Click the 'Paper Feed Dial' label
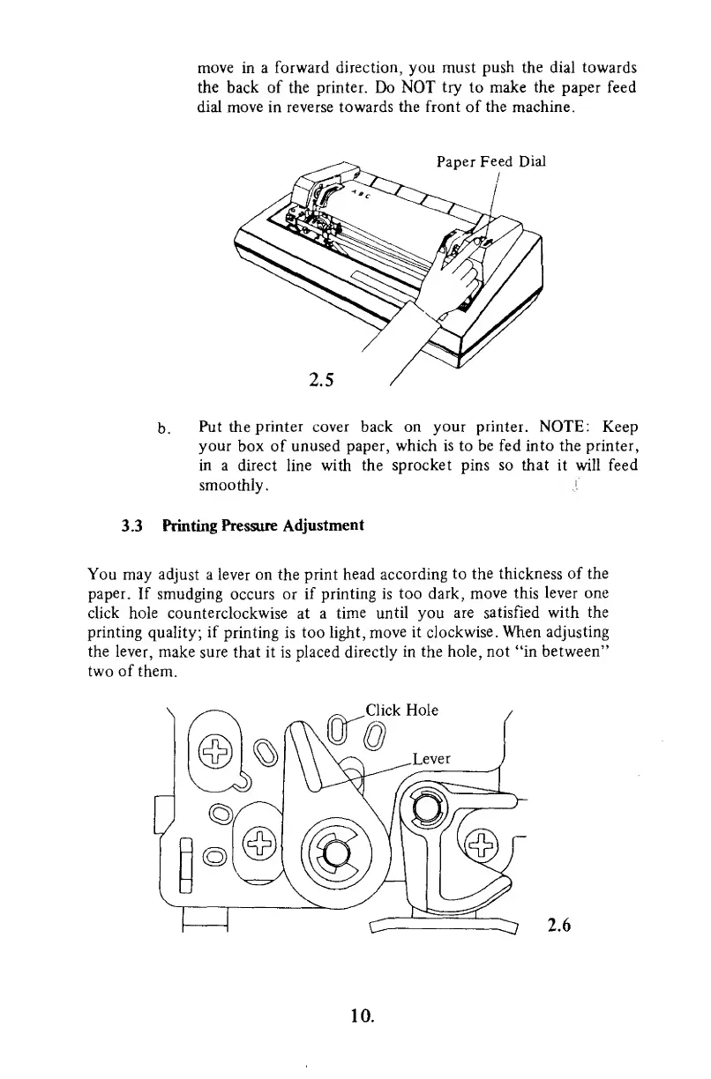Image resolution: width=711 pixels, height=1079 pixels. click(491, 161)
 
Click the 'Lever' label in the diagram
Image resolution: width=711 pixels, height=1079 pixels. click(432, 733)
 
